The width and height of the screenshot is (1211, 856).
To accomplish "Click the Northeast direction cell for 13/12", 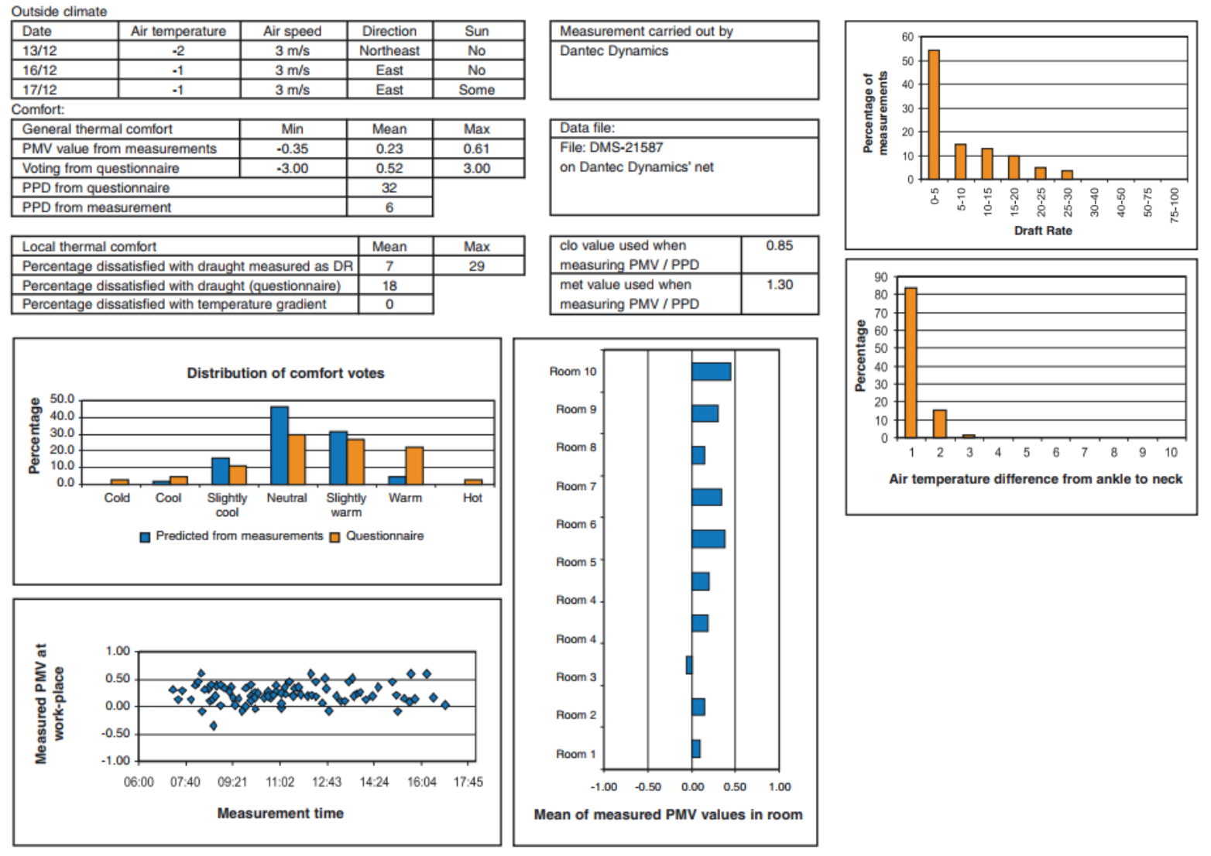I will (389, 50).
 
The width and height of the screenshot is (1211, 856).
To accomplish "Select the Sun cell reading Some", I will (476, 90).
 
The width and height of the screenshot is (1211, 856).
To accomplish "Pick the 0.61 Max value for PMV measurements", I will (476, 149).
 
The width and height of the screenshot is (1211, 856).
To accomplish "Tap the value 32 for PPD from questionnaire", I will (389, 188).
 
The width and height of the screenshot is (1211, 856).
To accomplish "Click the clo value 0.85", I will (779, 245).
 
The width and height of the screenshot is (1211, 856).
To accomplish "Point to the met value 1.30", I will (779, 285).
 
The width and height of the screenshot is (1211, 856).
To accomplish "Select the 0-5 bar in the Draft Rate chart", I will (934, 115).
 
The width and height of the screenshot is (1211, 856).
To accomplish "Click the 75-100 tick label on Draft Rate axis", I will (1175, 204).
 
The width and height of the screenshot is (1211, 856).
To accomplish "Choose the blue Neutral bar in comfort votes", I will (280, 445).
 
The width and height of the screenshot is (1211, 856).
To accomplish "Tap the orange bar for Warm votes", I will (414, 465).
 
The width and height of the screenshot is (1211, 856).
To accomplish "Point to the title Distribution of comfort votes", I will (285, 373).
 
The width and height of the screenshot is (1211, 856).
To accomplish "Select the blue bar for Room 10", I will (711, 372).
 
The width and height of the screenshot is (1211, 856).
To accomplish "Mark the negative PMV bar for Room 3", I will (689, 665).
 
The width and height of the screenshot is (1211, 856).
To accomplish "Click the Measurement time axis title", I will (280, 813).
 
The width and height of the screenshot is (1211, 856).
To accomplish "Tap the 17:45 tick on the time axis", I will (468, 782).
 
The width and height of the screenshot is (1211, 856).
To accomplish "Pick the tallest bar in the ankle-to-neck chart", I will (911, 362).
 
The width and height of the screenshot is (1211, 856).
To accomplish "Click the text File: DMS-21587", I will (611, 147).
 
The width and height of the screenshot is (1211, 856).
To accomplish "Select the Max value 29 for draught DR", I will (476, 266).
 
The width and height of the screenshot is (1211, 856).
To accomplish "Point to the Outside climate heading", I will (59, 12).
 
